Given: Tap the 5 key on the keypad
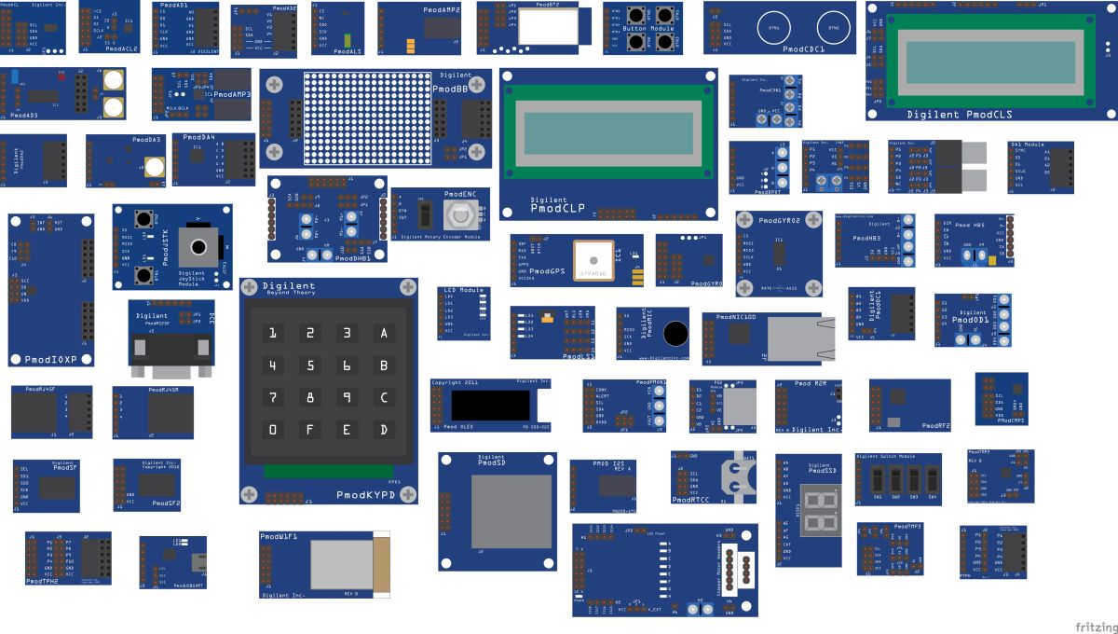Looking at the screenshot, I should (311, 365).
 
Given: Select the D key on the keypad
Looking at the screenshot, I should (382, 430).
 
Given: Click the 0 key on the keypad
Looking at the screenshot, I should (273, 430).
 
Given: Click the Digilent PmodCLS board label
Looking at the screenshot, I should (960, 115).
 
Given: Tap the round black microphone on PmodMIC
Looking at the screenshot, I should (675, 334).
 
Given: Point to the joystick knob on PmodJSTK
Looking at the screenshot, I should (199, 248).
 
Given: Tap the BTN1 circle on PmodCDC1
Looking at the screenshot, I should (774, 28).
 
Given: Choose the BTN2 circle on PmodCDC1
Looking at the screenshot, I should (834, 28).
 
